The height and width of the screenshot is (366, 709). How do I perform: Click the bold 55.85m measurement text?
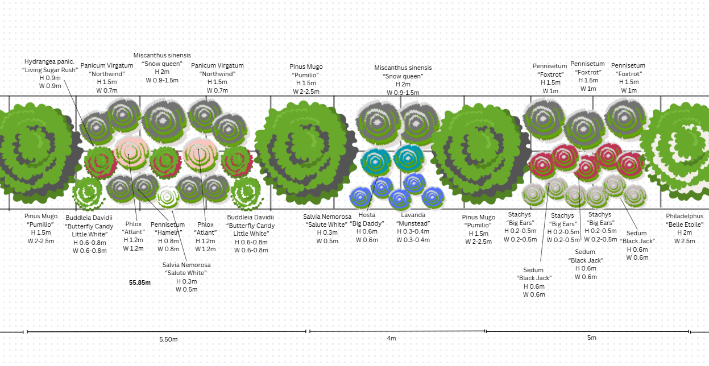[139, 282]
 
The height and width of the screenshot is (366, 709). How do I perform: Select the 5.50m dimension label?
[168, 339]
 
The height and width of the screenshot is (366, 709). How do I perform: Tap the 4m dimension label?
[391, 338]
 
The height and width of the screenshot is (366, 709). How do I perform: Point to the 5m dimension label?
[591, 338]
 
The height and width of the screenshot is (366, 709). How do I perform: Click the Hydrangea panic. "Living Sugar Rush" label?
[50, 73]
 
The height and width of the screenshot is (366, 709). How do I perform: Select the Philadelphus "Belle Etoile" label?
[685, 228]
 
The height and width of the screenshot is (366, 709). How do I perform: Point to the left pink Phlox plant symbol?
[131, 150]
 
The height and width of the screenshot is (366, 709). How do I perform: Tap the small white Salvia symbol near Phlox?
[168, 197]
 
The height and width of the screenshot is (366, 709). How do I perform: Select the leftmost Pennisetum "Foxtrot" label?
[550, 78]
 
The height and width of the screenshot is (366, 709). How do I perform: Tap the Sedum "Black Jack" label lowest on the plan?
[534, 282]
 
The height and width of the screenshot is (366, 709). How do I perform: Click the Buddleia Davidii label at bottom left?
[89, 234]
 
